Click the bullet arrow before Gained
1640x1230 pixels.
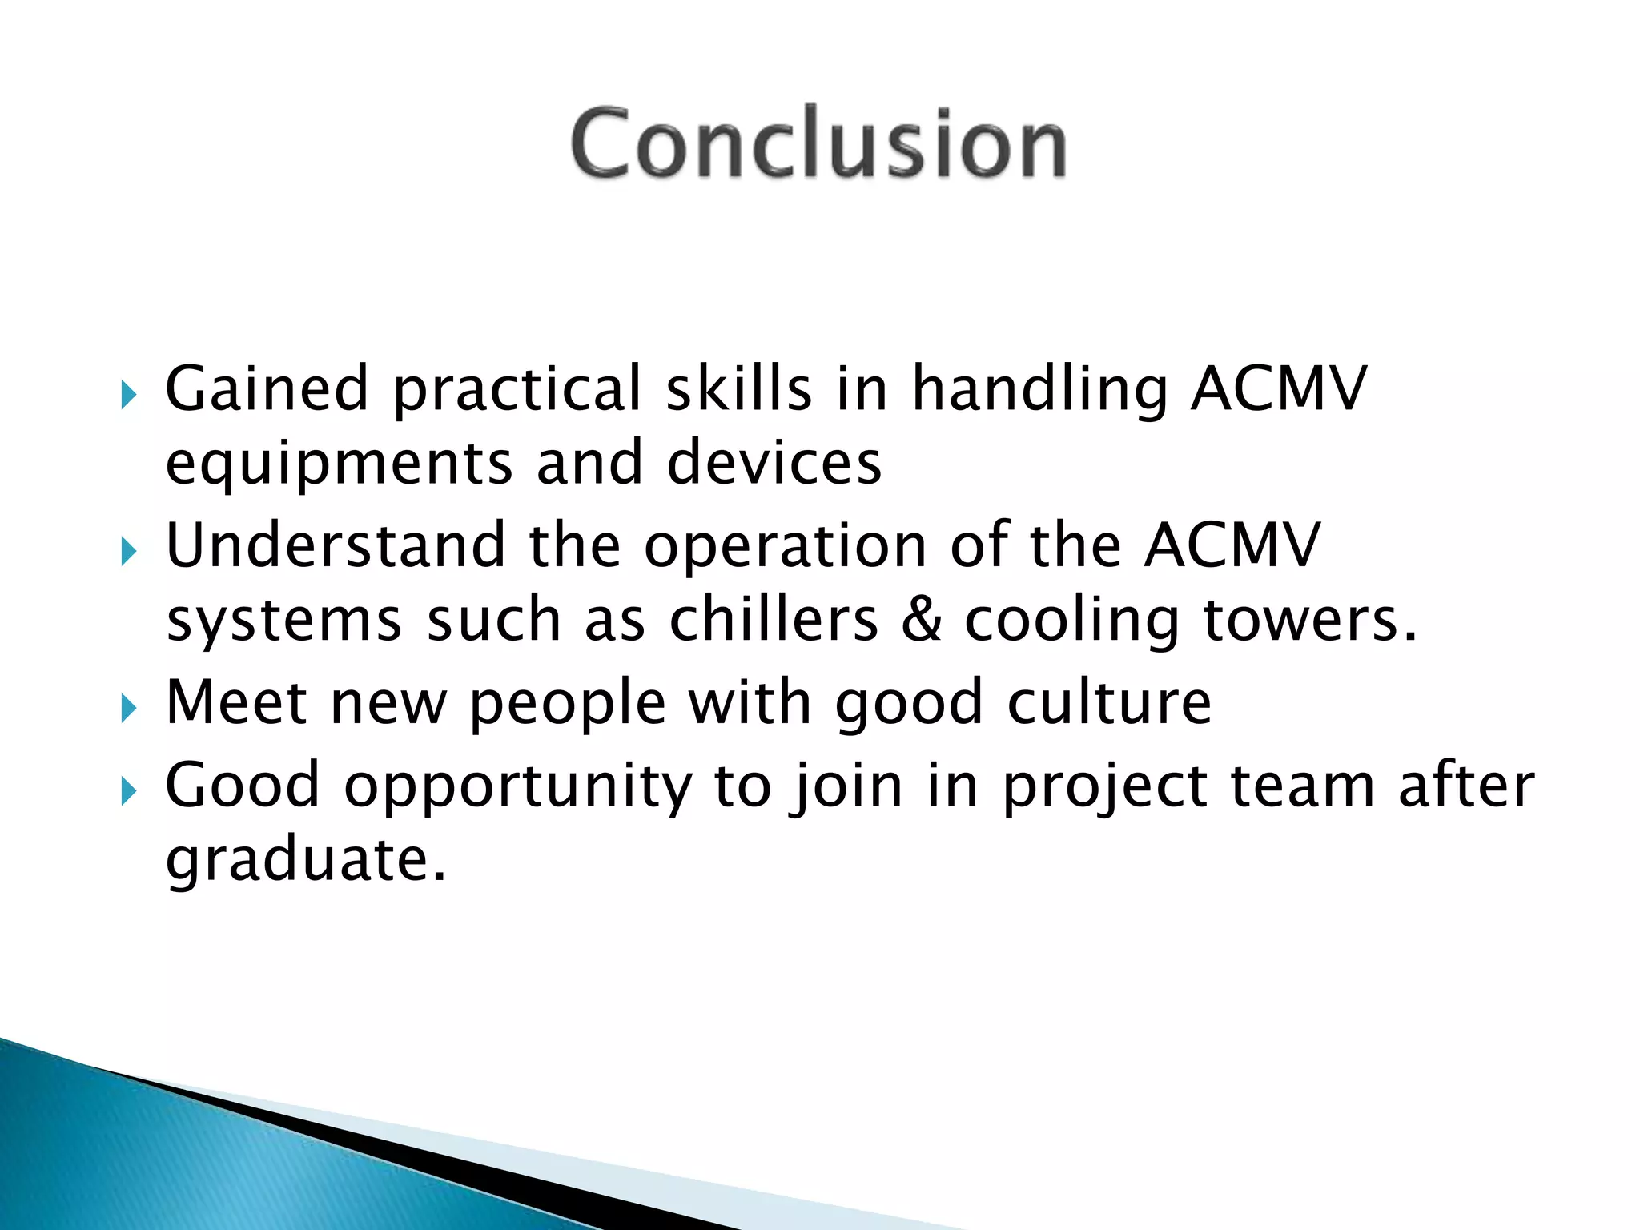click(128, 395)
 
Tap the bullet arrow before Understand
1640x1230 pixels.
click(128, 552)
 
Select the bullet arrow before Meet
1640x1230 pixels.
click(128, 708)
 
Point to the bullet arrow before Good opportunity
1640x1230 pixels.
click(128, 791)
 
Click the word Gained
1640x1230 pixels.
click(266, 388)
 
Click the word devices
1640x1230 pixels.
click(774, 463)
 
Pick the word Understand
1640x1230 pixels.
click(335, 545)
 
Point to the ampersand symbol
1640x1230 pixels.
click(922, 621)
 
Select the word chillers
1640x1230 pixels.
click(774, 620)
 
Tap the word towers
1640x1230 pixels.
click(1310, 621)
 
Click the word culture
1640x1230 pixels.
click(1109, 702)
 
